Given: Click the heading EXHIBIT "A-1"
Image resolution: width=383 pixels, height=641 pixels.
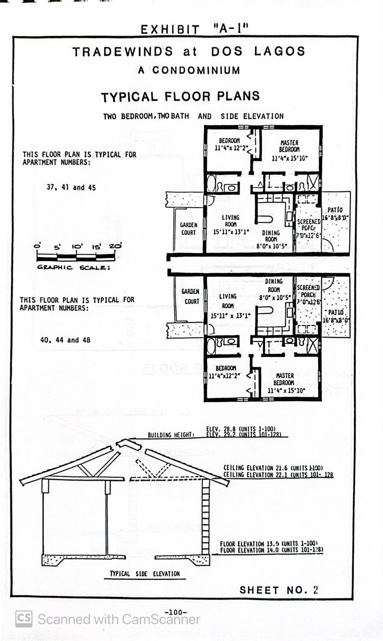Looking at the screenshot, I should click(194, 29).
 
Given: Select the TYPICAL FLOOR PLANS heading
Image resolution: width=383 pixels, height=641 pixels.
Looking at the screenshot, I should click(180, 97).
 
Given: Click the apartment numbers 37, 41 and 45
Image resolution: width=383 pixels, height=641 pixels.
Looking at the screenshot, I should click(71, 188).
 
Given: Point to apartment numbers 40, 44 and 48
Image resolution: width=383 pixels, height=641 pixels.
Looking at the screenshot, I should click(65, 340).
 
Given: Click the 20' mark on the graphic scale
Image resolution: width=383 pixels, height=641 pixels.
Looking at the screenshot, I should click(115, 246).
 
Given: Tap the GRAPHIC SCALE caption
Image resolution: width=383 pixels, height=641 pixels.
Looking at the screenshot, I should click(74, 268).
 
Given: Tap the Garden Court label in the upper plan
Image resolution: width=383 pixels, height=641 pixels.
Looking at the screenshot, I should click(188, 229).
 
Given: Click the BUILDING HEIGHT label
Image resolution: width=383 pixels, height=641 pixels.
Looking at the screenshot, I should click(171, 435).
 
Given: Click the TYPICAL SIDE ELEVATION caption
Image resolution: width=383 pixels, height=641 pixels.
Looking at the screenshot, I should click(145, 574).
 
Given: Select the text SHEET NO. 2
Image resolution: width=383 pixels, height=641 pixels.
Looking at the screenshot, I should click(279, 590).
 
